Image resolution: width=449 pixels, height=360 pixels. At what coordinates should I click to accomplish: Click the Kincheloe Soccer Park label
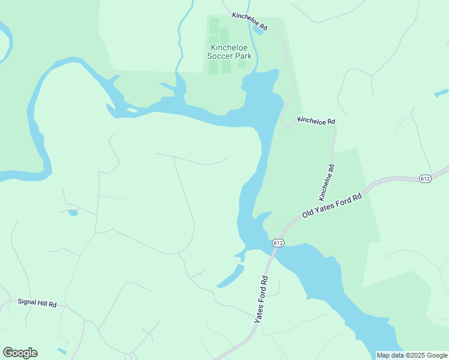[231, 52]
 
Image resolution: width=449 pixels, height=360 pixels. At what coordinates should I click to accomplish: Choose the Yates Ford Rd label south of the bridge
[264, 299]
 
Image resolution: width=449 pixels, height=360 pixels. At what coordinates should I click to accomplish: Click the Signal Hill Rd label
[37, 304]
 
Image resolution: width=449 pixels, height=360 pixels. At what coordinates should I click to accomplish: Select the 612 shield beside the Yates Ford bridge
[277, 242]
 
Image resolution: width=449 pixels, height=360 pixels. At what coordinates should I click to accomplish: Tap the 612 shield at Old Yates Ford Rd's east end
[426, 179]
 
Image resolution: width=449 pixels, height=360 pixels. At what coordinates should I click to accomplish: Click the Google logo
[20, 353]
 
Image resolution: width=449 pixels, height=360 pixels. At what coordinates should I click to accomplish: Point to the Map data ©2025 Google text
[412, 355]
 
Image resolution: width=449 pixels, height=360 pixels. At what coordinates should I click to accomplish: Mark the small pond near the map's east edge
[442, 93]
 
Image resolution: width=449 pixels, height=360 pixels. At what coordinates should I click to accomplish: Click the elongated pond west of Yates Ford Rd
[231, 276]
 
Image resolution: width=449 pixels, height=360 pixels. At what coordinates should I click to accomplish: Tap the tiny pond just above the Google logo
[62, 350]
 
